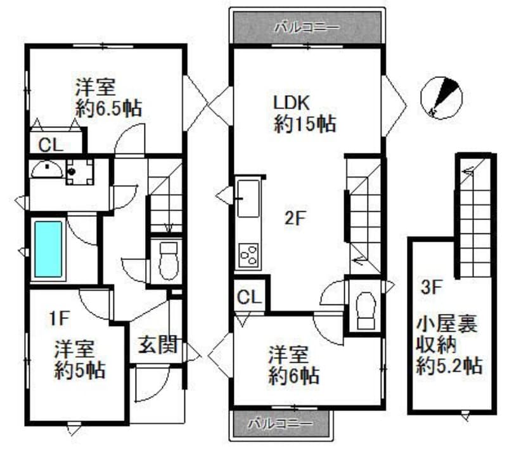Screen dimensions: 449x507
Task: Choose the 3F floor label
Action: click(432, 287)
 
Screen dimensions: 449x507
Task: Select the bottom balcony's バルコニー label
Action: click(279, 422)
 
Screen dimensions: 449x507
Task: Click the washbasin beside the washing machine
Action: click(46, 169)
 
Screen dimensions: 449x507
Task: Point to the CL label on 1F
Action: click(51, 145)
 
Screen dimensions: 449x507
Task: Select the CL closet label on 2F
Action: click(249, 297)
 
